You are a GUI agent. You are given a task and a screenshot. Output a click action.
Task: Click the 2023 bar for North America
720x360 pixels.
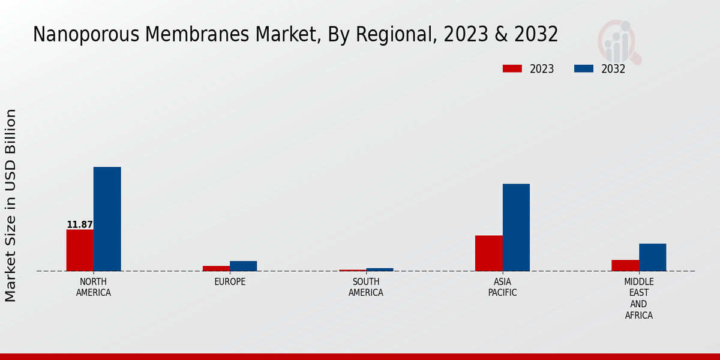[80, 250]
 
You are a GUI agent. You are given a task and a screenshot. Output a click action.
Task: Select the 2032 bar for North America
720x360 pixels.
[107, 219]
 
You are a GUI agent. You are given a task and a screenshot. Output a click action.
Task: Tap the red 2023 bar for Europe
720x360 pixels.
[216, 268]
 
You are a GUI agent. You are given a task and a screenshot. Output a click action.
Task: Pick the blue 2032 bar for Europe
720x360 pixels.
[243, 266]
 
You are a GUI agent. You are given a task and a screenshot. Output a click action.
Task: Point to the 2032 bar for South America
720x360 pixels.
[380, 269]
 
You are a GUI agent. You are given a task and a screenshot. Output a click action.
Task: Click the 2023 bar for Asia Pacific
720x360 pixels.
[488, 253]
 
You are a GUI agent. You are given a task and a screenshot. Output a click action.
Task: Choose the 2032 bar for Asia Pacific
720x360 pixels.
[516, 227]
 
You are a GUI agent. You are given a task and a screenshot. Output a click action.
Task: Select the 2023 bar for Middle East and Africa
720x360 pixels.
[625, 265]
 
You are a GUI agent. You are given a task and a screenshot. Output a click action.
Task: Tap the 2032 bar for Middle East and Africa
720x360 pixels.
[652, 257]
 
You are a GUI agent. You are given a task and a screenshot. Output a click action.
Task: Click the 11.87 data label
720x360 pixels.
[79, 225]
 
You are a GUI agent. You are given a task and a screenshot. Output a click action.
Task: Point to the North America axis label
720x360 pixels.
[94, 287]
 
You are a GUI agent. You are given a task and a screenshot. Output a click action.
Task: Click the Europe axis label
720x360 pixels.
[230, 282]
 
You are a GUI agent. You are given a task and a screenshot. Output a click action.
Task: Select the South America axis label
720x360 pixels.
[366, 287]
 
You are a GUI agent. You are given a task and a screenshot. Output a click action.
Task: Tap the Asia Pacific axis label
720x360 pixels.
[502, 287]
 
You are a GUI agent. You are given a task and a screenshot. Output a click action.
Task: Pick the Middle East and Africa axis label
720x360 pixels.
[638, 299]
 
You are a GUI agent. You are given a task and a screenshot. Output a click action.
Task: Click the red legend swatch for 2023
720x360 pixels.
[512, 69]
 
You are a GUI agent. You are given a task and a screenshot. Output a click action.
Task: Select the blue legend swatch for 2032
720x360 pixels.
[583, 69]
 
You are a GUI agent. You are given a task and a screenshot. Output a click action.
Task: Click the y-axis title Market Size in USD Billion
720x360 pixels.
[11, 205]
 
